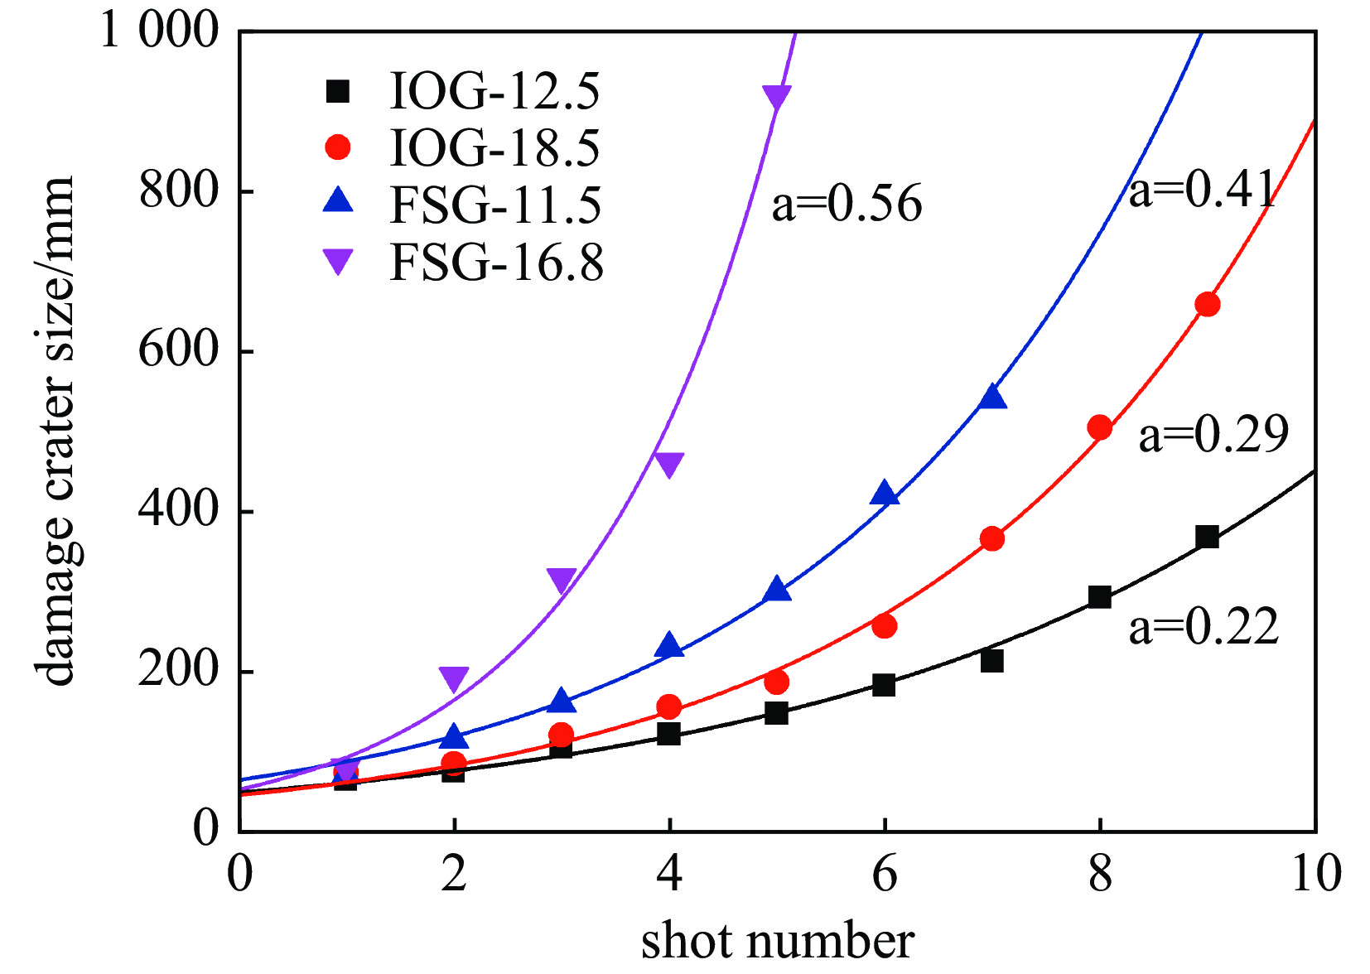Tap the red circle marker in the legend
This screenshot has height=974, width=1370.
(338, 147)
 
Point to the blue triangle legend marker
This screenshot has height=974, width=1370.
(338, 201)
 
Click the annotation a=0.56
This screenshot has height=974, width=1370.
(847, 204)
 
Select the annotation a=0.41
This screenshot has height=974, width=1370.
(1202, 190)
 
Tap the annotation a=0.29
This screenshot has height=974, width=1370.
(1213, 434)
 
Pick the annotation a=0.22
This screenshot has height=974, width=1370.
(1204, 626)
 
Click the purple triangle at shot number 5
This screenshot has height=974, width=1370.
(776, 97)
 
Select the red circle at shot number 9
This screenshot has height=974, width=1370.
(1208, 305)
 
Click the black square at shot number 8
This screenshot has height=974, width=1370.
(1099, 597)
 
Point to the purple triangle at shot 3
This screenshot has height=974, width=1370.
(562, 580)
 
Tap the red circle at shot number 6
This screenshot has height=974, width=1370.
(885, 626)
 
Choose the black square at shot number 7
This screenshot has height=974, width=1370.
(992, 661)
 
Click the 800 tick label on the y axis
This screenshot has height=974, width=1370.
(178, 191)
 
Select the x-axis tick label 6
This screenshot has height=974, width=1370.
(885, 873)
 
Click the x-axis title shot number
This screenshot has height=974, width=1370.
(777, 942)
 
